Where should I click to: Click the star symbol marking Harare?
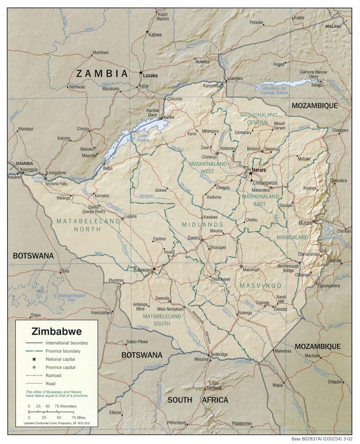(251, 173)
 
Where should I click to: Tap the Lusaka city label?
(151, 75)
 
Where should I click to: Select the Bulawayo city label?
(143, 270)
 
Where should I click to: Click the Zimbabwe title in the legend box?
(57, 332)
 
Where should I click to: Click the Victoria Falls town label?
(56, 184)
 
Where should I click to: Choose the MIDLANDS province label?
(203, 225)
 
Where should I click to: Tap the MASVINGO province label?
(260, 286)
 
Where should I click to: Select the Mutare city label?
(305, 224)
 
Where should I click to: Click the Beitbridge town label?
(219, 354)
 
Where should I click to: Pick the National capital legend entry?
(60, 359)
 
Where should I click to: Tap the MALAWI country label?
(333, 27)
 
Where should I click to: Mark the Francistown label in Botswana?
(101, 313)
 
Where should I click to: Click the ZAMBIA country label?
(102, 74)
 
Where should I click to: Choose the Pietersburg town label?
(176, 423)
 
